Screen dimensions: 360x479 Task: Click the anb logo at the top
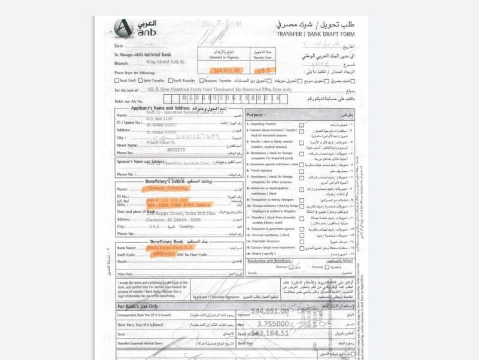[135, 28]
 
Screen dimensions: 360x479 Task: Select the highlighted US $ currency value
[263, 70]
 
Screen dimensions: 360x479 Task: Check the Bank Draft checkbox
[117, 80]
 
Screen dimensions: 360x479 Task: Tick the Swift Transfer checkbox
[171, 80]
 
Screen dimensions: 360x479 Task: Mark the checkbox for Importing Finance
[302, 124]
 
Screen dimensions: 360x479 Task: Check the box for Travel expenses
[302, 170]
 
